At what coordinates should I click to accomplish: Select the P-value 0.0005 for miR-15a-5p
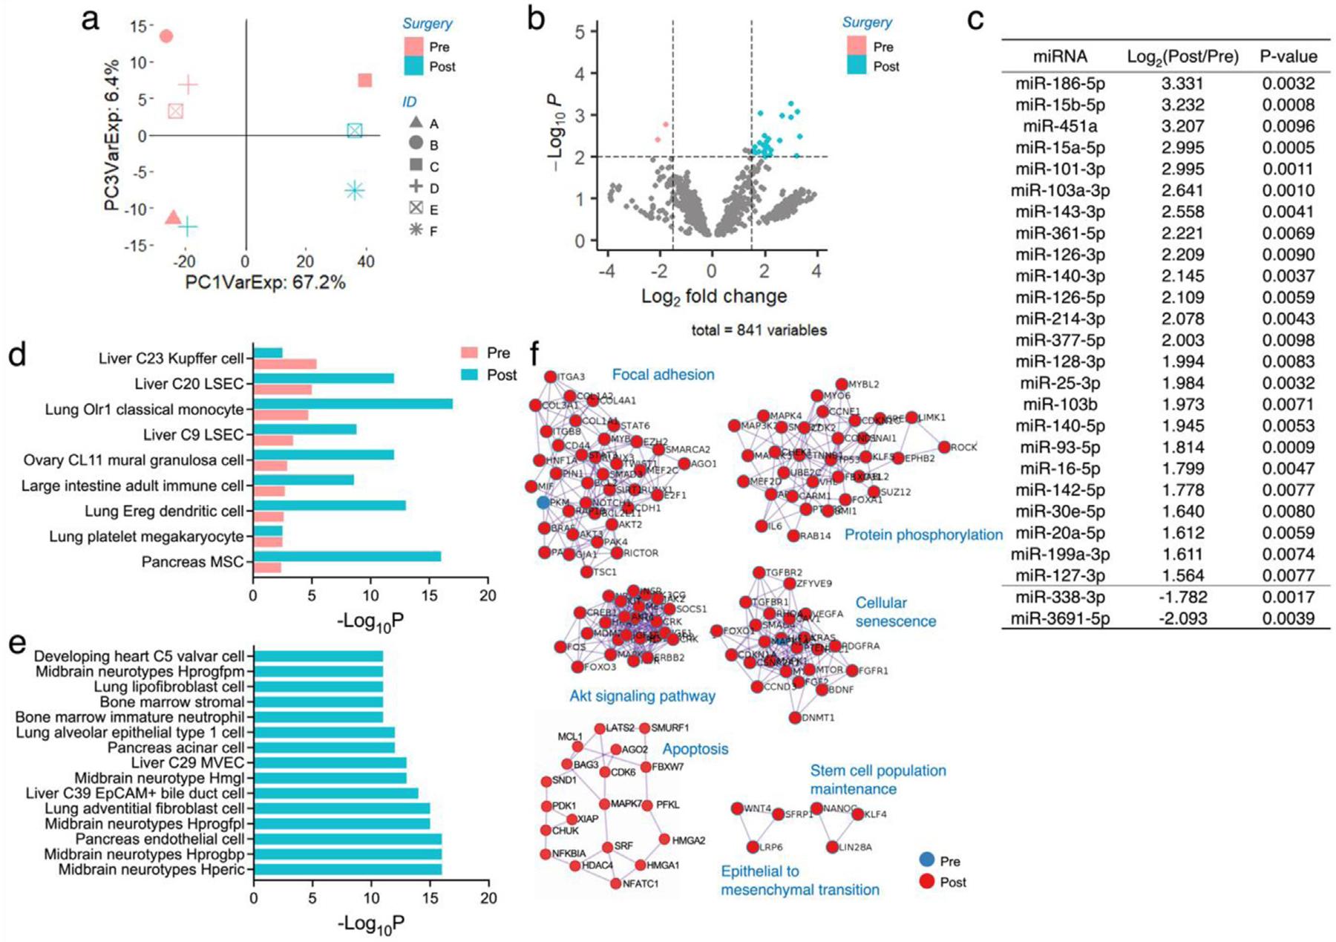(1288, 148)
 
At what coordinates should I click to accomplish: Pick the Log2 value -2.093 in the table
(1182, 618)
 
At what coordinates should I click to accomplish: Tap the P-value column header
(1288, 56)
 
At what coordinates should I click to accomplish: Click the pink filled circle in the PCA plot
(166, 36)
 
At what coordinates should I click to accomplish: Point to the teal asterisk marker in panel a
(355, 191)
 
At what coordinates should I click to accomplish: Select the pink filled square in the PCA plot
(364, 80)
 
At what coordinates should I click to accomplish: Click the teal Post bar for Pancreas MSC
(347, 557)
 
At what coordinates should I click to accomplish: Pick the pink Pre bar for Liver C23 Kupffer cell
(285, 364)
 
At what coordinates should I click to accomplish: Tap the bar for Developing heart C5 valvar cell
(318, 656)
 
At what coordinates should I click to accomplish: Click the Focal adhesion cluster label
(663, 375)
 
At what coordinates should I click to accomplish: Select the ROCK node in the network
(944, 447)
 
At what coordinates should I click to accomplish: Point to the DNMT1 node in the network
(795, 718)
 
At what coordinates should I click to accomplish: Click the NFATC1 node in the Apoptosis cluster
(615, 883)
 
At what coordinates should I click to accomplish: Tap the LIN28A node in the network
(832, 847)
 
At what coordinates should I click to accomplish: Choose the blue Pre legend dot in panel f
(927, 860)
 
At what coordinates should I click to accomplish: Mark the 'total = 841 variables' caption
(759, 330)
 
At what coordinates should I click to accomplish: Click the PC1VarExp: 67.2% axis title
(265, 283)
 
